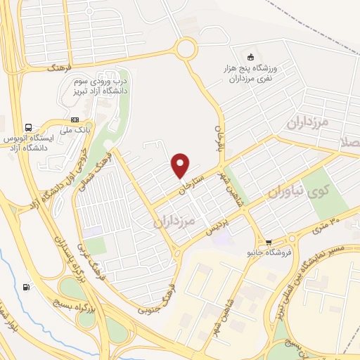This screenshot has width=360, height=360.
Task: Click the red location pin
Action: (x=181, y=165)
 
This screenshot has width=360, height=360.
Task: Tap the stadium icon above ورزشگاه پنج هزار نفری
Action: (x=250, y=56)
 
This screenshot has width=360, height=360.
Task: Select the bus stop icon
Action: (x=28, y=128)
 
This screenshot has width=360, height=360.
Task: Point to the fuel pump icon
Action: (x=27, y=286)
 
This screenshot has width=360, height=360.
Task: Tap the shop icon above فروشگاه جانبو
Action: (x=268, y=241)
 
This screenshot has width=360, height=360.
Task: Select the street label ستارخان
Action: (x=192, y=180)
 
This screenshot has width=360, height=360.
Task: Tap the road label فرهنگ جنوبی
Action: (x=160, y=294)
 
